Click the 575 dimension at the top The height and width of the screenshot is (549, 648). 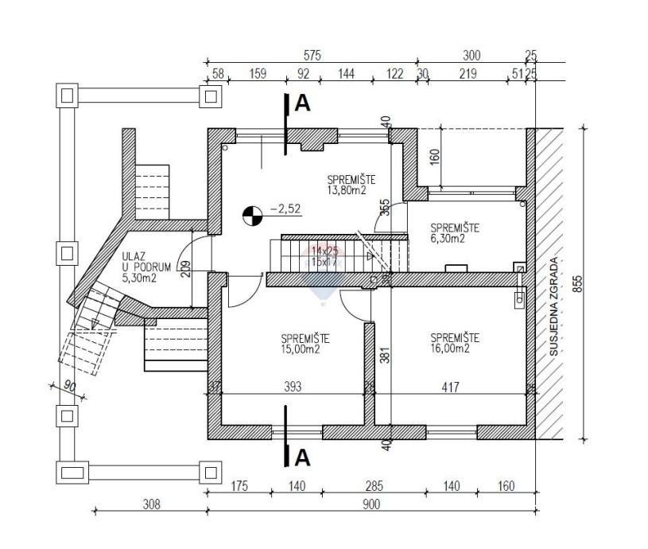pyautogui.click(x=312, y=56)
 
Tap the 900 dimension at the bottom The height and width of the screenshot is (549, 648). pyautogui.click(x=371, y=504)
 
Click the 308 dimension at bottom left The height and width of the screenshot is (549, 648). pyautogui.click(x=152, y=504)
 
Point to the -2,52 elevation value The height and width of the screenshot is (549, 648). pyautogui.click(x=285, y=209)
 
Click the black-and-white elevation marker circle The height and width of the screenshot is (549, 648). pyautogui.click(x=252, y=214)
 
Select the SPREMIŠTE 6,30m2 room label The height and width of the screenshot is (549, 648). pyautogui.click(x=454, y=232)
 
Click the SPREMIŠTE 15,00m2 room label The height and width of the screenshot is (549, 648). pyautogui.click(x=305, y=343)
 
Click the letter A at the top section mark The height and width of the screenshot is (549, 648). pyautogui.click(x=303, y=103)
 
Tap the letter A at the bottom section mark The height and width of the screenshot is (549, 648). pyautogui.click(x=302, y=457)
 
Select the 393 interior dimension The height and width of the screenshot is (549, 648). pyautogui.click(x=293, y=387)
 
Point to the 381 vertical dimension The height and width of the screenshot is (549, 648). pyautogui.click(x=384, y=352)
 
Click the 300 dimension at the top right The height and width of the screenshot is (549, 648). pyautogui.click(x=472, y=56)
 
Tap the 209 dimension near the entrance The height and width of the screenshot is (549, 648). pyautogui.click(x=185, y=273)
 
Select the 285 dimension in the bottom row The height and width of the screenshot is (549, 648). pyautogui.click(x=374, y=486)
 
